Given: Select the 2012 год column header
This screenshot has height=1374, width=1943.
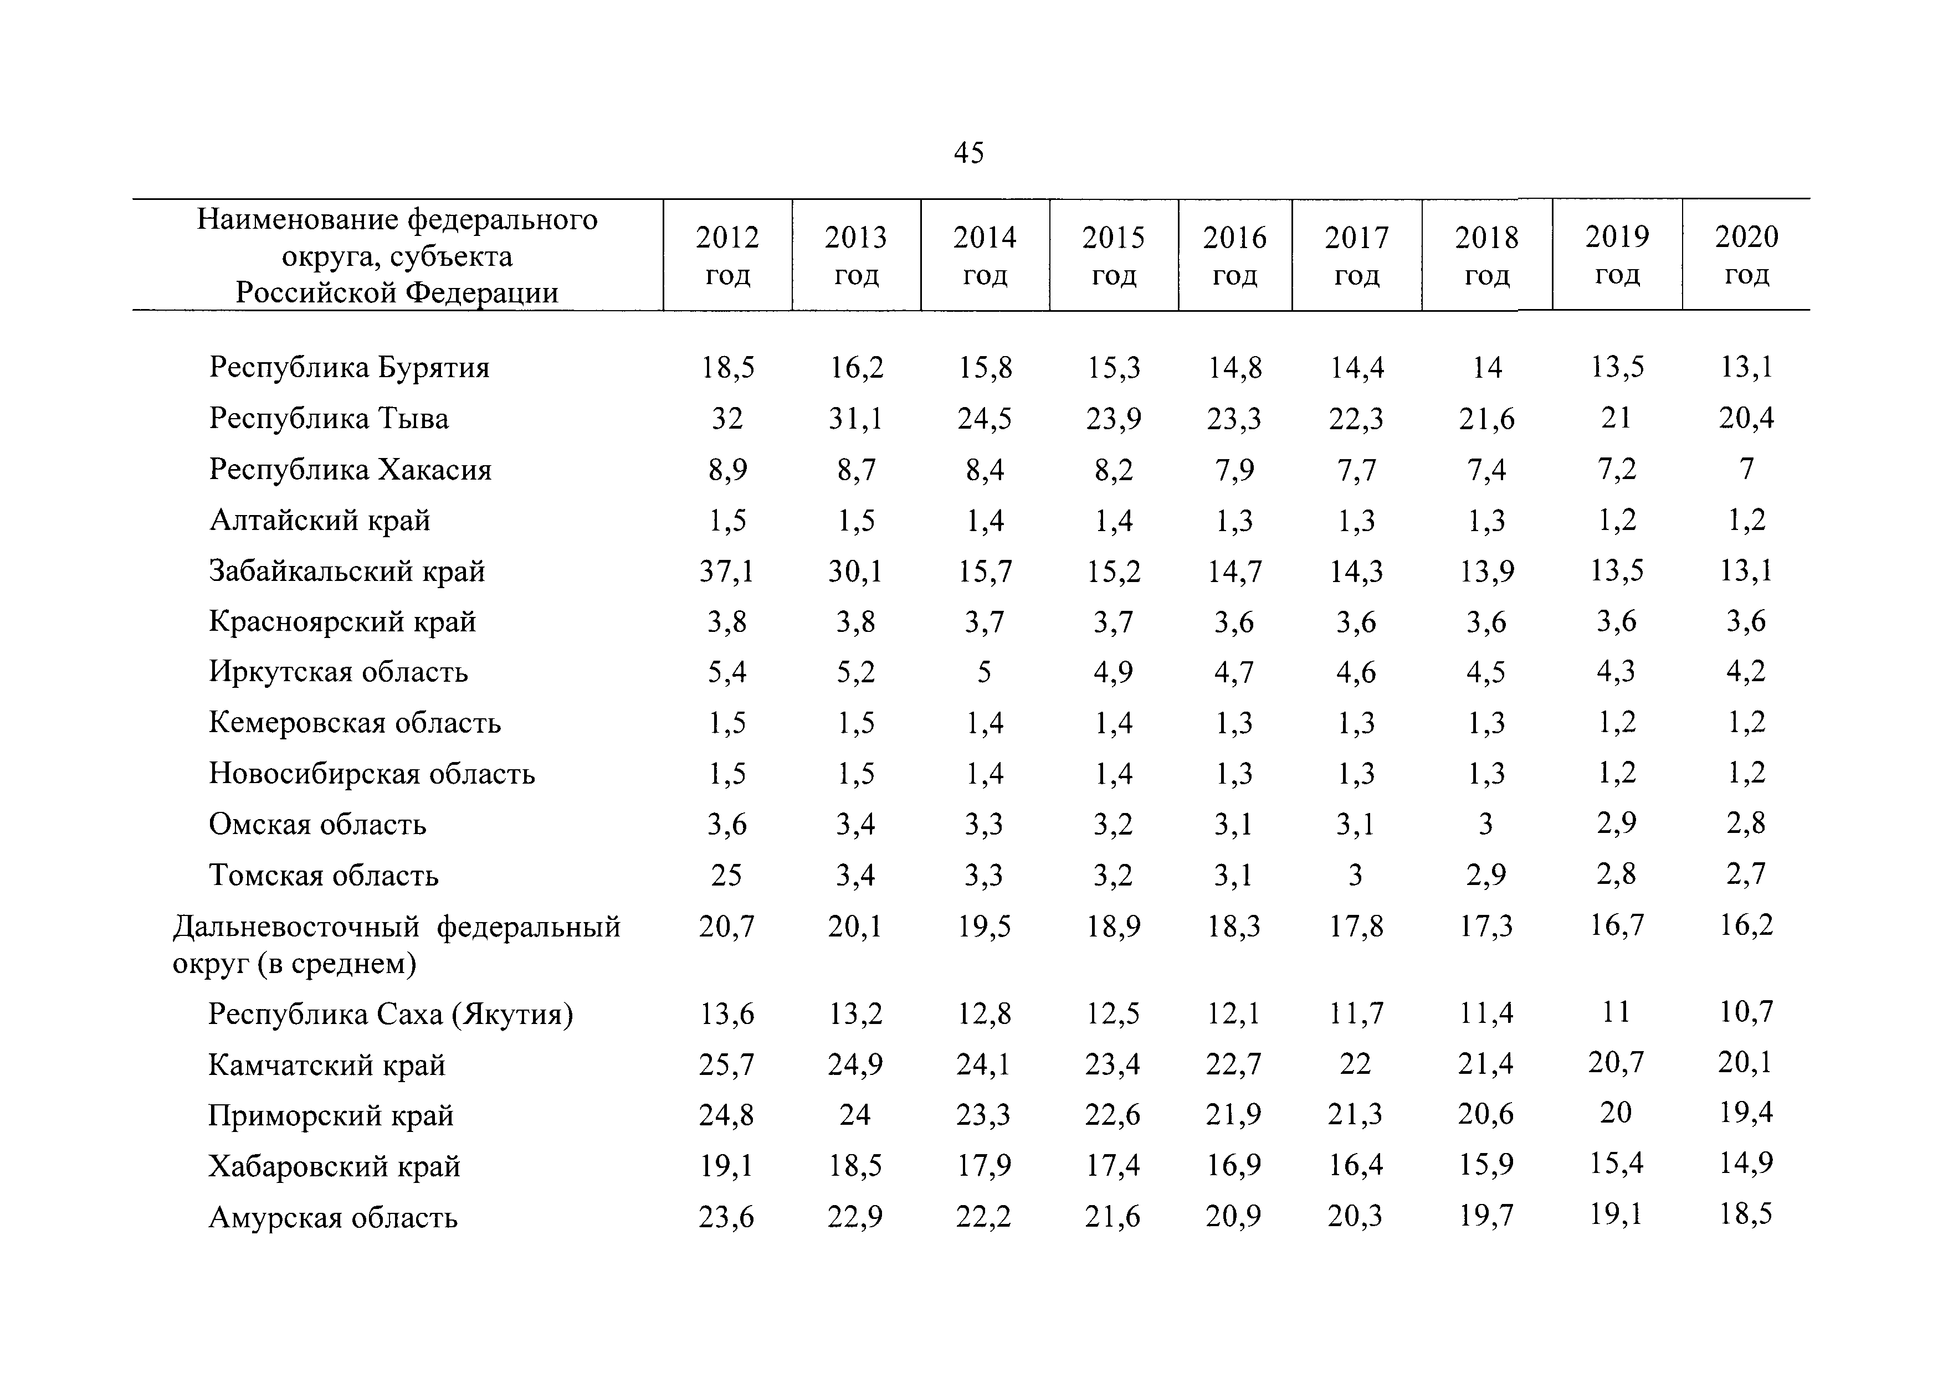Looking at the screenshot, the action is point(728,255).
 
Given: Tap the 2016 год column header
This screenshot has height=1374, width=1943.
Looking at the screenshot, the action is point(1235,255).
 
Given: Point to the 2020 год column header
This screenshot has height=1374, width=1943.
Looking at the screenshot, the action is point(1747,255).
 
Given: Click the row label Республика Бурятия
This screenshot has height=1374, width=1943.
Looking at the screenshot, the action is point(350,368).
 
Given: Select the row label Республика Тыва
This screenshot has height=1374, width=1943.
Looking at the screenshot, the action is point(329,419).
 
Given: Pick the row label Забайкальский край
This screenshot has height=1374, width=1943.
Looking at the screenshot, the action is point(347,571).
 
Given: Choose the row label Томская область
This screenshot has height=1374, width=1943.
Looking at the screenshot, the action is point(324,875).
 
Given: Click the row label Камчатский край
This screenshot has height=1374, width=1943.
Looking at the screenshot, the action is point(327,1065).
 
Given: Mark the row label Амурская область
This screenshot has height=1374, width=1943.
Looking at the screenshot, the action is point(334,1217).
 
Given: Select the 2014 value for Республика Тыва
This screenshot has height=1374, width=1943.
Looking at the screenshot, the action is point(984,419).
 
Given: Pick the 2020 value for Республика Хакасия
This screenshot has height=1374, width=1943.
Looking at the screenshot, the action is point(1747,468).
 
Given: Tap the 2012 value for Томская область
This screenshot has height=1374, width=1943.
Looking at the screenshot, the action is point(727,875).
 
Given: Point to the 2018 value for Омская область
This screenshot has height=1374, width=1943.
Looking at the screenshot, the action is point(1486,824).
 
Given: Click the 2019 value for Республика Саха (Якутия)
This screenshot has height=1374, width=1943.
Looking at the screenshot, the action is point(1616,1012).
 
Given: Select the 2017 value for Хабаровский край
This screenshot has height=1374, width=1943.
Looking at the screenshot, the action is point(1356,1165).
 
